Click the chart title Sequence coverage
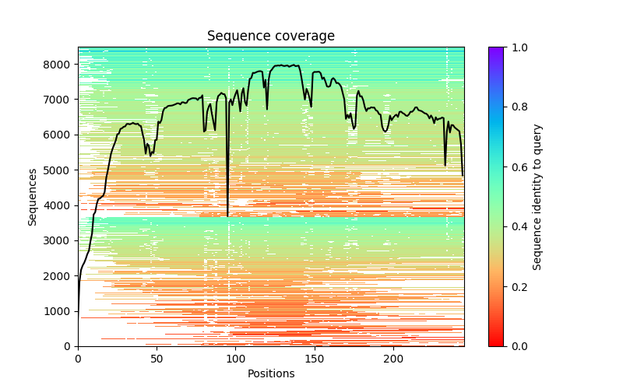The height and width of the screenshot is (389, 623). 270,37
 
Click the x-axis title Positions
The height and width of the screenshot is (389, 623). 270,373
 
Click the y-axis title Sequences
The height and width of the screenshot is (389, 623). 33,197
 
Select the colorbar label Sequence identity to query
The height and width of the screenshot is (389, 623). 537,197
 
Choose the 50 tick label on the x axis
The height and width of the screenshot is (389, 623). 157,359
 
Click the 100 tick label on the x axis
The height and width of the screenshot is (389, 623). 236,359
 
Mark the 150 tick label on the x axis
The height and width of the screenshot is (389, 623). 315,359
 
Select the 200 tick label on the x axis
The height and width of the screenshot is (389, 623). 394,359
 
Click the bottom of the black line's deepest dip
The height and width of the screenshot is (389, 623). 227,216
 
